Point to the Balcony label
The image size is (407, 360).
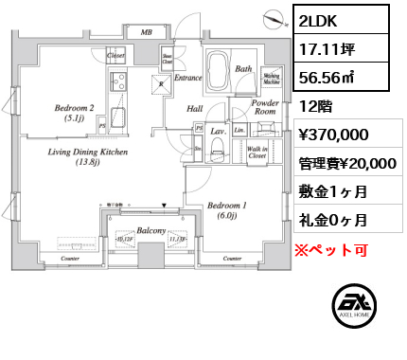tap(151, 231)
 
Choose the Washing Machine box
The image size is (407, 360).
tap(270, 77)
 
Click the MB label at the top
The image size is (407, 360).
tap(146, 32)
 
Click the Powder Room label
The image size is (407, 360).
tap(265, 107)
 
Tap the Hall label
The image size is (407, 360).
tap(196, 109)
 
